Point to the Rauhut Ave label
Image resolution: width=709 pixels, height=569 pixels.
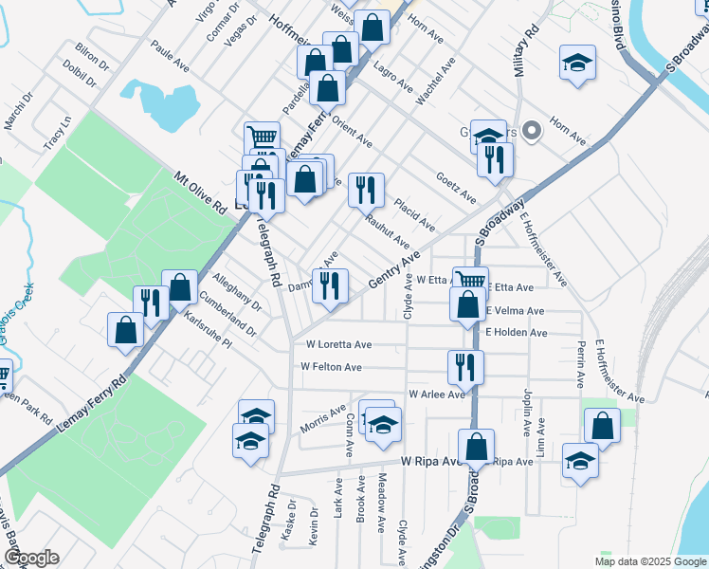[x=388, y=230]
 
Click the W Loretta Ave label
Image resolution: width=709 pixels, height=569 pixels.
[x=338, y=345]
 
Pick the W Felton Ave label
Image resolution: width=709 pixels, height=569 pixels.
[x=331, y=367]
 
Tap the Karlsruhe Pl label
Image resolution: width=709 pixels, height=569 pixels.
[x=209, y=327]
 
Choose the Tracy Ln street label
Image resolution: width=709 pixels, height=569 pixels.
[x=57, y=134]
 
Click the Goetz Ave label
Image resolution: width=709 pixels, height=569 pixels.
[x=455, y=187]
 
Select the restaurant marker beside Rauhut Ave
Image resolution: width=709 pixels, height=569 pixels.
[x=365, y=190]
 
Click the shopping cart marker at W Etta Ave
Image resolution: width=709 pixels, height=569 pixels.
[x=470, y=281]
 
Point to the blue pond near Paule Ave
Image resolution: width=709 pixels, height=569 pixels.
[x=157, y=104]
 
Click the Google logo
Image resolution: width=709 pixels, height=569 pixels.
[x=30, y=558]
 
